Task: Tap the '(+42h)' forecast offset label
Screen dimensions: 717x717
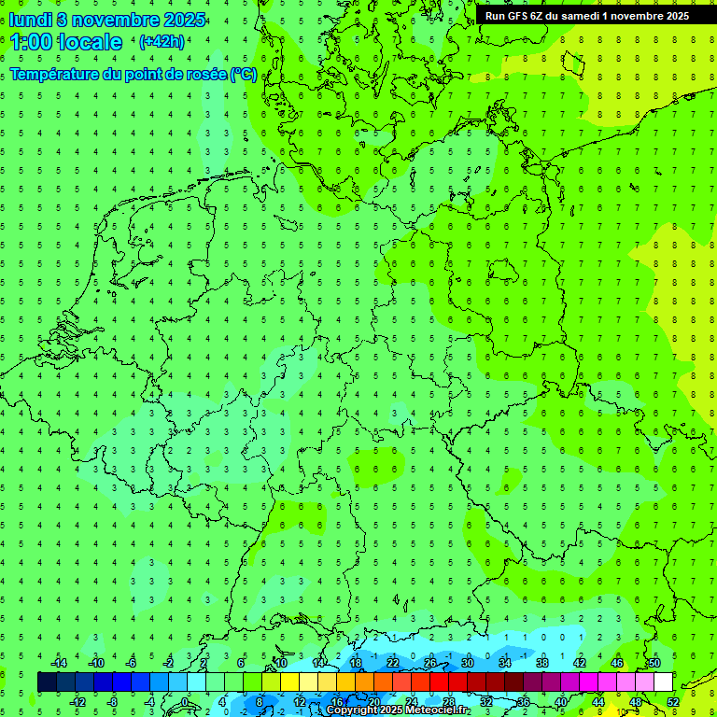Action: pos(161,41)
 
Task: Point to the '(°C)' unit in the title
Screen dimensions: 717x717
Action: pos(243,74)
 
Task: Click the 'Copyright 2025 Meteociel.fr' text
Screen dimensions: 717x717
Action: pos(398,710)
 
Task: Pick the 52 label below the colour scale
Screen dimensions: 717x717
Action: pos(673,701)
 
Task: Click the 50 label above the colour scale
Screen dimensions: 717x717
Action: pos(654,663)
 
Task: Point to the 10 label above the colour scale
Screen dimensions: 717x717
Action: pos(281,663)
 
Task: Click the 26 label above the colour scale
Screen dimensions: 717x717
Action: pos(430,663)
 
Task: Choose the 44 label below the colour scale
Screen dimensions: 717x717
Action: pos(598,701)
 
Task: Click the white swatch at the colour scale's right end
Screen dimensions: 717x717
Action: pos(664,682)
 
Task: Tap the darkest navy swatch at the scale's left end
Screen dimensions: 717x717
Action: pos(47,682)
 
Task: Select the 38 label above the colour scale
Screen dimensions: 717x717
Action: pos(542,663)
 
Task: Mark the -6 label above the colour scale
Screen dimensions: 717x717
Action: pos(132,663)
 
